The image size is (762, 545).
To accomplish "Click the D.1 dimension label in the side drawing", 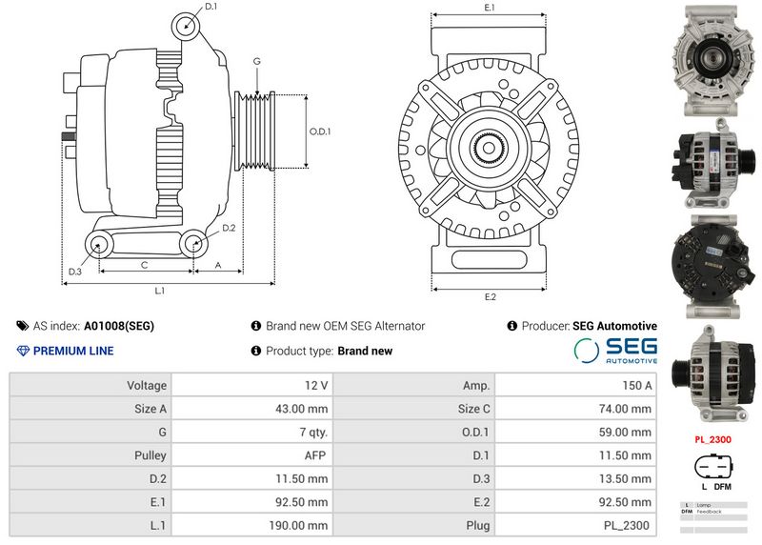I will tap(211, 7).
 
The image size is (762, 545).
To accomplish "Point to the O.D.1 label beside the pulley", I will tap(320, 131).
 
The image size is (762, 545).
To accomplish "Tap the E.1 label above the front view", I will tap(490, 8).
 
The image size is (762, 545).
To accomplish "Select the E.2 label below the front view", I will tap(490, 297).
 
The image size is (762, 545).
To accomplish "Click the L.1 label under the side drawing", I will tap(160, 290).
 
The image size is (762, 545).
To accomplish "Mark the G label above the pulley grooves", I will tap(256, 61).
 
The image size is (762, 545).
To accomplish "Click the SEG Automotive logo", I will tap(615, 350).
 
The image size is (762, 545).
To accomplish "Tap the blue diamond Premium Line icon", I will tap(23, 351).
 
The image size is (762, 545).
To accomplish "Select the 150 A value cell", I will tap(636, 386).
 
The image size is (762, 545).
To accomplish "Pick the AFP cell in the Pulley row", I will tap(315, 455).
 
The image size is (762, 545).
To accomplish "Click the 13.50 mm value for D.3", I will tap(630, 479).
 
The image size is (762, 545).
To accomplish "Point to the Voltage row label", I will tap(147, 386).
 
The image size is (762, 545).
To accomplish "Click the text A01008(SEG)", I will tap(119, 326).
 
